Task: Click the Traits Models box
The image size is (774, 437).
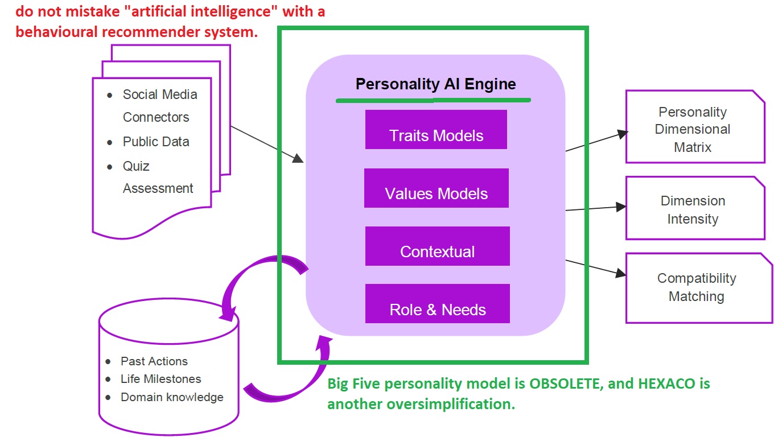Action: click(436, 130)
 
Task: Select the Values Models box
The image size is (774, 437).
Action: click(436, 188)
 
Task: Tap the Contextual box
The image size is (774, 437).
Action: click(437, 246)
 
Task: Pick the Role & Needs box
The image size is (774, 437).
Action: click(437, 304)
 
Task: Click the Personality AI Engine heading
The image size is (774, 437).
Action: click(435, 85)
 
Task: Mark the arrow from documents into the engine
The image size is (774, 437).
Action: click(267, 144)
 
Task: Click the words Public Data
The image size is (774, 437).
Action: click(156, 142)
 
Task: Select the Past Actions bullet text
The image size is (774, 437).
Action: click(154, 361)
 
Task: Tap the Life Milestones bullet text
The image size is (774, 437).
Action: click(160, 379)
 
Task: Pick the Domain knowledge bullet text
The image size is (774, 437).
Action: click(172, 397)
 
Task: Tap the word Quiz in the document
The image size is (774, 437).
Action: click(136, 166)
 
